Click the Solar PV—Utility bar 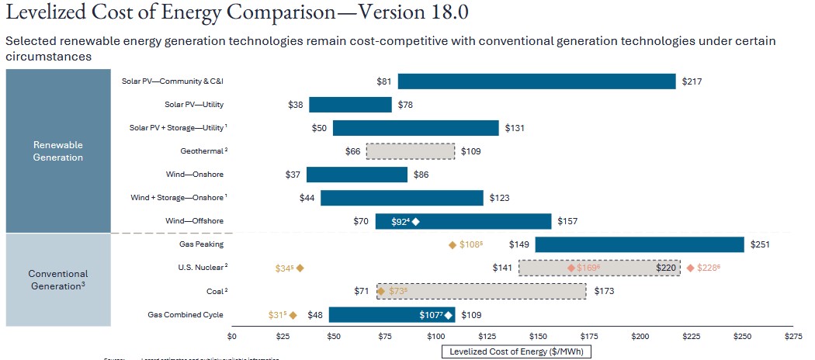coord(350,105)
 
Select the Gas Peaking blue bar coord(639,244)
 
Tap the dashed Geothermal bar coord(411,151)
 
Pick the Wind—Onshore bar coord(357,175)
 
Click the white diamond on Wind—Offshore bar coord(416,222)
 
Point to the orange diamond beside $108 coord(453,245)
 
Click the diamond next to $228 coord(690,268)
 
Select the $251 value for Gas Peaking coord(758,244)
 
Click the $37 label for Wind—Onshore coord(293,175)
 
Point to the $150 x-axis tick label coord(538,336)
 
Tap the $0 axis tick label coord(231,336)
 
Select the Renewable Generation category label coord(58,151)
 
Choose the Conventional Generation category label coord(58,279)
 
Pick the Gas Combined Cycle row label coord(186,314)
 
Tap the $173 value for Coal coord(603,291)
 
